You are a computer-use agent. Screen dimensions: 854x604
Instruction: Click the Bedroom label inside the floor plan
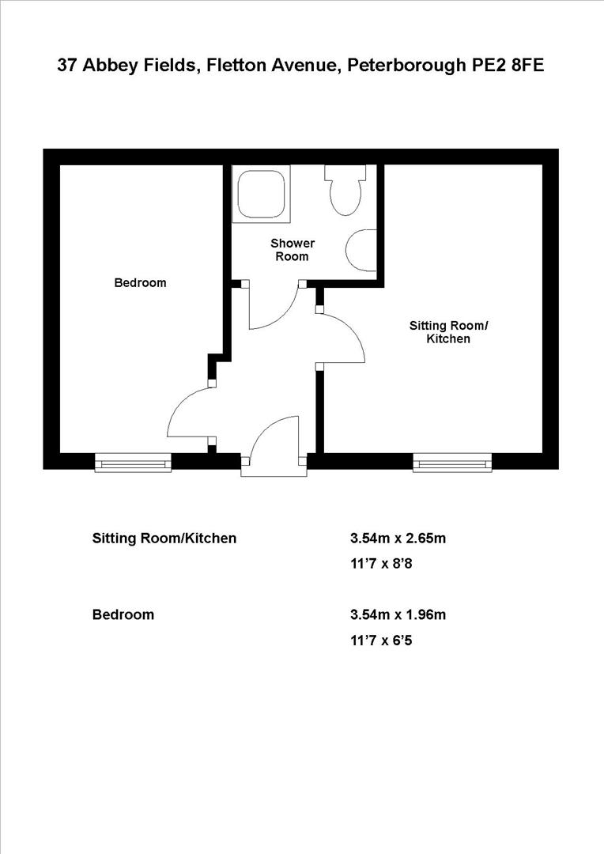pos(140,282)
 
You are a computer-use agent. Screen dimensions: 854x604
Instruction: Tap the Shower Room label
pos(293,250)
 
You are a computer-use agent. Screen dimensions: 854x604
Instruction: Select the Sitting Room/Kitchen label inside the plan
pos(448,332)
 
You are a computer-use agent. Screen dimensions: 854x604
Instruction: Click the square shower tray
pos(261,192)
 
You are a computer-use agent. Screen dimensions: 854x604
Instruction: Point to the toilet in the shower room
pos(345,191)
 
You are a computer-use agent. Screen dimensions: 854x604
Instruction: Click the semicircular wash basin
pos(362,248)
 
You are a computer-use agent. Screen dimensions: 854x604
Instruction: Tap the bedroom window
pos(133,463)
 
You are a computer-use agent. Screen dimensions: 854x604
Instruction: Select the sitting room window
pos(452,463)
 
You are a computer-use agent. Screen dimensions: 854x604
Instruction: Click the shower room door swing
pos(273,308)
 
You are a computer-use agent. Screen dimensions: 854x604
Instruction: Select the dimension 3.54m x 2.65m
pos(398,538)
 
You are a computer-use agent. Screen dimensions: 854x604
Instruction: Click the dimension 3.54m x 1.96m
pos(398,614)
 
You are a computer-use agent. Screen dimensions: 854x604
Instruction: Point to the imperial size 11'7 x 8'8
pos(381,565)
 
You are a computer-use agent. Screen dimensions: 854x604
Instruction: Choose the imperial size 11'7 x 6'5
pos(381,640)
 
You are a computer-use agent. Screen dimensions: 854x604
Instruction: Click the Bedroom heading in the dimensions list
pos(123,614)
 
